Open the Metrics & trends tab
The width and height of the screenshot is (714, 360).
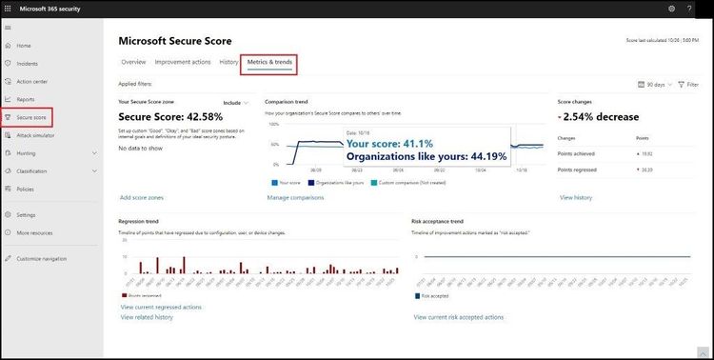coord(269,62)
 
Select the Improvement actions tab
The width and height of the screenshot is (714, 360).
coord(183,62)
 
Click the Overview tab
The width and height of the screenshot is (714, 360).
coord(133,62)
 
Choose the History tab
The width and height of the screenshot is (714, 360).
coord(228,62)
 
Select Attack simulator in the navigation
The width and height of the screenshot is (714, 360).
coord(36,135)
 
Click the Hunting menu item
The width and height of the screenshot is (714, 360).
coord(27,152)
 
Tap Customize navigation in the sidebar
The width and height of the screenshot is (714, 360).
coord(41,258)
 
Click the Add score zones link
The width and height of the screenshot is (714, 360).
coord(142,197)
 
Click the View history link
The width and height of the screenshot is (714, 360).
coord(576,197)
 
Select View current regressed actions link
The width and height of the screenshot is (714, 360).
coord(161,307)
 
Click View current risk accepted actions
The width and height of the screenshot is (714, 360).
coord(460,316)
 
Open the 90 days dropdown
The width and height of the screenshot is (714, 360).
coord(651,85)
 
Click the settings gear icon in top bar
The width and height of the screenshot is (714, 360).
coord(672,9)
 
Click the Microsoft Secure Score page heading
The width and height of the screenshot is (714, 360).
coord(174,41)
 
